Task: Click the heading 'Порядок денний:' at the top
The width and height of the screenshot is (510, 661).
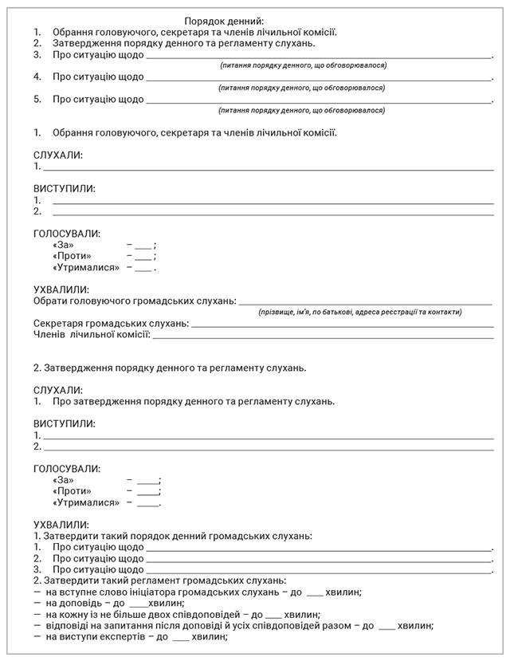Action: tap(224, 21)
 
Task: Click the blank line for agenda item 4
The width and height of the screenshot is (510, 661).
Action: tap(319, 79)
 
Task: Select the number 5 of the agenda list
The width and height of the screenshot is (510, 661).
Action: tap(37, 100)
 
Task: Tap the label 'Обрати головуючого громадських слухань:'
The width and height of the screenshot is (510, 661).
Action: tap(135, 301)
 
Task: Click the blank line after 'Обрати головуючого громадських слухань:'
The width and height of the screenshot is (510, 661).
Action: tap(365, 304)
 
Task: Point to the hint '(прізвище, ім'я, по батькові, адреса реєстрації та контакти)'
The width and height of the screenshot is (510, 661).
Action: tap(360, 312)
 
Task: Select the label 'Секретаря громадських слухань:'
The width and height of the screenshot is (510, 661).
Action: tap(111, 323)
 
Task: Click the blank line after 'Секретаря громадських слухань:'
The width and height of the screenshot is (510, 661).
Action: tap(342, 326)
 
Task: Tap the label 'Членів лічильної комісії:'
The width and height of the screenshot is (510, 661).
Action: tap(92, 334)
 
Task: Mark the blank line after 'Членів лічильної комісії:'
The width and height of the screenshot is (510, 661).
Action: tap(323, 337)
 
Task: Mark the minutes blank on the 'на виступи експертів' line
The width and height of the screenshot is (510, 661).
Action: tap(180, 640)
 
